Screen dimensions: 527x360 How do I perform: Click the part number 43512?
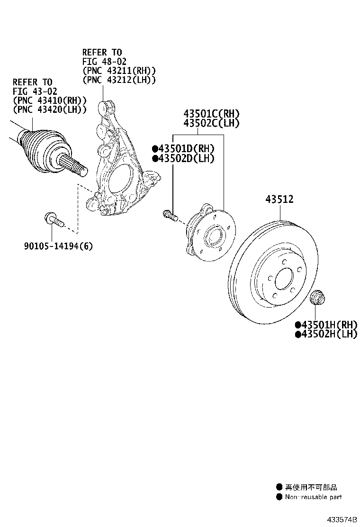pyautogui.click(x=279, y=200)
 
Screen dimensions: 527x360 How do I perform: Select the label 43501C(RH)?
pyautogui.click(x=212, y=114)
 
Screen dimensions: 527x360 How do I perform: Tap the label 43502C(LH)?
pyautogui.click(x=211, y=123)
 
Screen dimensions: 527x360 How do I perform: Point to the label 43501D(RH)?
pyautogui.click(x=186, y=149)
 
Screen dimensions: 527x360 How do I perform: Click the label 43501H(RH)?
pyautogui.click(x=328, y=325)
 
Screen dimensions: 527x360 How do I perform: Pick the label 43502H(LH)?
pyautogui.click(x=328, y=334)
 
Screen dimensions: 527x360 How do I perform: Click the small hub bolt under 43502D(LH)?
pyautogui.click(x=169, y=216)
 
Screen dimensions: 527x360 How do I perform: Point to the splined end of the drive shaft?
pyautogui.click(x=78, y=167)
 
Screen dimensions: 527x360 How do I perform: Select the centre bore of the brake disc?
pyautogui.click(x=284, y=279)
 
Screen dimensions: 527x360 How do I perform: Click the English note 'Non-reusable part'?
pyautogui.click(x=313, y=497)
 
